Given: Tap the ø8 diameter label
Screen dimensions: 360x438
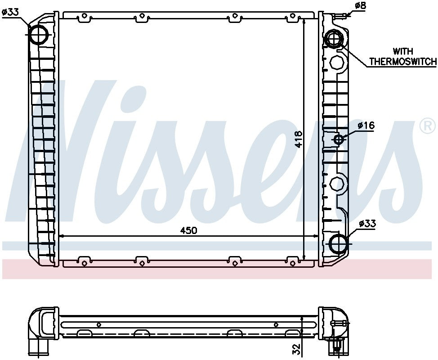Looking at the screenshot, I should pos(361,6).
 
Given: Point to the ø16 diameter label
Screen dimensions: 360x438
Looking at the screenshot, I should pos(366,126).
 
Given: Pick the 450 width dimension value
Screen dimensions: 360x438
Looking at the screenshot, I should pos(189,230).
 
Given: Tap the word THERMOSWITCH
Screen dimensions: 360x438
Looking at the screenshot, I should pos(402,62).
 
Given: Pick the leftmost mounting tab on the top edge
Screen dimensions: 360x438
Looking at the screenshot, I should pos(84,17).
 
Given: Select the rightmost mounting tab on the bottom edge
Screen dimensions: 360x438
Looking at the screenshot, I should pos(293,261).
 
